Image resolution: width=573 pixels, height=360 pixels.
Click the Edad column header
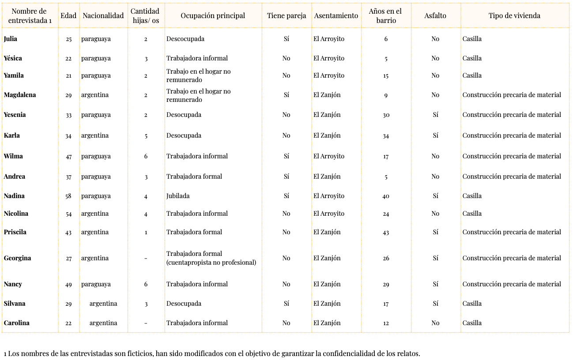coord(68,15)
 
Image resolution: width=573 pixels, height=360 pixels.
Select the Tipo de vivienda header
coord(514,15)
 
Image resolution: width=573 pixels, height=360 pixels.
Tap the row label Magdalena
coord(20,95)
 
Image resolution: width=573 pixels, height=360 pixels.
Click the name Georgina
coord(17,258)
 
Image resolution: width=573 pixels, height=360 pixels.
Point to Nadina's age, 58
coord(68,196)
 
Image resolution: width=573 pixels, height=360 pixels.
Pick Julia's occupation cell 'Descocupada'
coord(185,39)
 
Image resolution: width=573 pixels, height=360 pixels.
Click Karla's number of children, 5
coord(146,136)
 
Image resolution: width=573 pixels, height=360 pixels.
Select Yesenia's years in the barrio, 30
coord(386,115)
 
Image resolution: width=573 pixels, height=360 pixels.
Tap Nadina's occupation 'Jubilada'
coord(178,196)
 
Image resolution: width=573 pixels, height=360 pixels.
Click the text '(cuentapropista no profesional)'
coord(211,262)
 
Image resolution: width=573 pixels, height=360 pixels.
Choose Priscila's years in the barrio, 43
coord(386,232)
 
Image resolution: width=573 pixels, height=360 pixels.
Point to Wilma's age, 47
coord(68,157)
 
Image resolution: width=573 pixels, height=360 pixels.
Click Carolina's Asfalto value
coord(435,323)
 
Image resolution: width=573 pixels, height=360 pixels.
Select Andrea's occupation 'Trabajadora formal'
coord(194,176)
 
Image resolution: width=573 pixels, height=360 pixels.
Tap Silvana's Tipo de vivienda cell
coord(472,304)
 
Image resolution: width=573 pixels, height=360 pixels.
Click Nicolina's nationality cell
coord(95,214)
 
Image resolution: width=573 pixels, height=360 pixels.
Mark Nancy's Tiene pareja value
coord(286,284)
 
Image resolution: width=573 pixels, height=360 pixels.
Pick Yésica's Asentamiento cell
coord(329,58)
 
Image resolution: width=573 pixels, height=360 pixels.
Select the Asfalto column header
coord(435,15)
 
